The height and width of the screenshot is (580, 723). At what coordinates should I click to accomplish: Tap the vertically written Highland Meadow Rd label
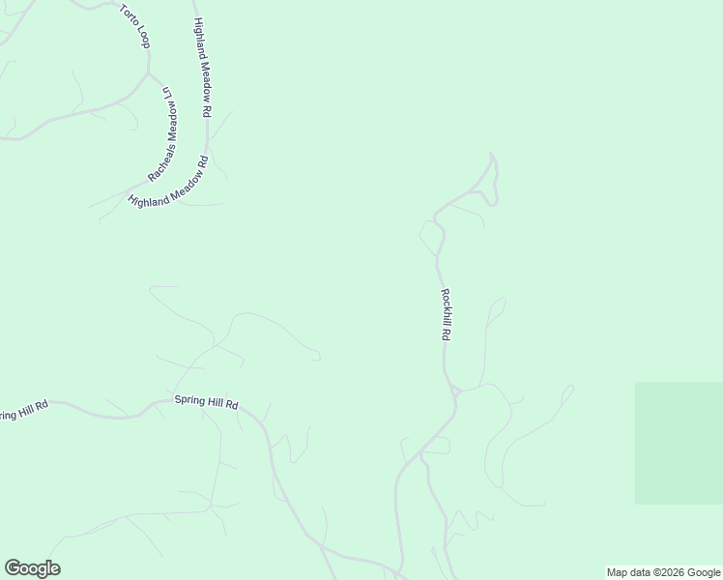click(x=202, y=68)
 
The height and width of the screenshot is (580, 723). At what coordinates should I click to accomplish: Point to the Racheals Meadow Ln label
click(x=167, y=134)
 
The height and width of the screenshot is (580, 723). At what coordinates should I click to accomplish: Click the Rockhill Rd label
click(x=446, y=314)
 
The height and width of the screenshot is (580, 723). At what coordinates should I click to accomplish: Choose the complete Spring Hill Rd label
click(x=206, y=400)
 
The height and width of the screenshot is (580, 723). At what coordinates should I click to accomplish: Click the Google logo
click(x=32, y=568)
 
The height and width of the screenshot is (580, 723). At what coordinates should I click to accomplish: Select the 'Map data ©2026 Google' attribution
click(x=663, y=572)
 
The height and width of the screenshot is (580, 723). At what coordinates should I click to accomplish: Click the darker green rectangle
click(x=679, y=443)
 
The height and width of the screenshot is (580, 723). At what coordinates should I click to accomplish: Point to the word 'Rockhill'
click(x=446, y=307)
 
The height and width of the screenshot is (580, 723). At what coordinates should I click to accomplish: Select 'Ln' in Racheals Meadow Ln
click(x=167, y=92)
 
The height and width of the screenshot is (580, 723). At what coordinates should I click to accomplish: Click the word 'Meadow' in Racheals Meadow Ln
click(x=171, y=124)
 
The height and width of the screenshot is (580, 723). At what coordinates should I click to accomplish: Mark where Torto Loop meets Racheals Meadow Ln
click(x=149, y=72)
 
